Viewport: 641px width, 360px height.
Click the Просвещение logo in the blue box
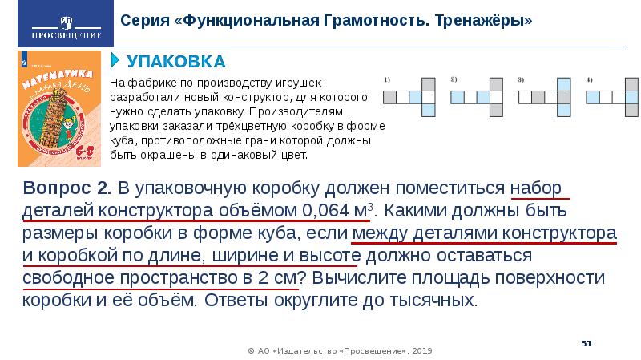click(54, 22)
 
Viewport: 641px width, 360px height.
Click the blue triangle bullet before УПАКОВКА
click(115, 61)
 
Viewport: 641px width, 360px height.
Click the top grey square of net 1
click(429, 83)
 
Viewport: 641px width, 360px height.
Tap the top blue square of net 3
click(564, 83)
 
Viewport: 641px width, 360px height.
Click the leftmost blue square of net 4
click(593, 97)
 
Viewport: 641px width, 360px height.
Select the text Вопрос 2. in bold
click(69, 188)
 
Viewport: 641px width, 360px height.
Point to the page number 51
click(587, 343)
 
